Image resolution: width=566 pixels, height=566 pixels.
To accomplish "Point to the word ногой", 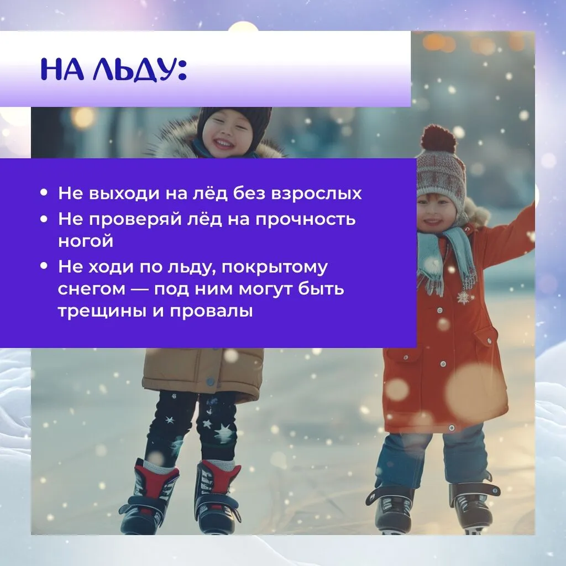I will (86, 242).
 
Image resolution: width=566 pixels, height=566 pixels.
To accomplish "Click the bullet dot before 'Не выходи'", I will (44, 194).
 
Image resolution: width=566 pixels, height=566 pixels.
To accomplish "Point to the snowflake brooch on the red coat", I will (463, 297).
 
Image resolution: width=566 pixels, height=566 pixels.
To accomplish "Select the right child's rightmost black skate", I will (472, 505).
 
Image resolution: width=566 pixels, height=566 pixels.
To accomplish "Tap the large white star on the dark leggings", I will (224, 432).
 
